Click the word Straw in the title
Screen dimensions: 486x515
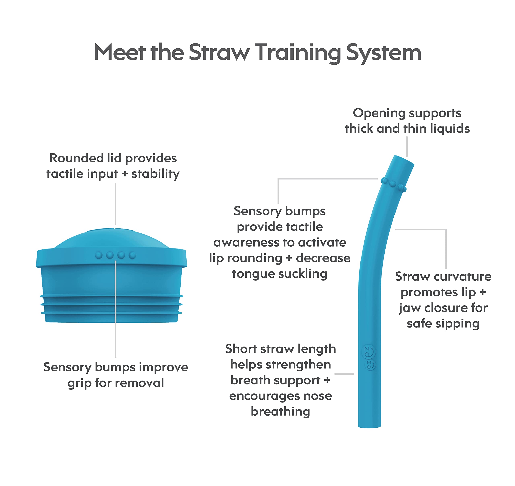219,52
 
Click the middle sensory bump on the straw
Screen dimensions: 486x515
392,184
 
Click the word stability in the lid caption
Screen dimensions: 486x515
156,174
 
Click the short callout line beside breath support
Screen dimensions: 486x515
344,374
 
